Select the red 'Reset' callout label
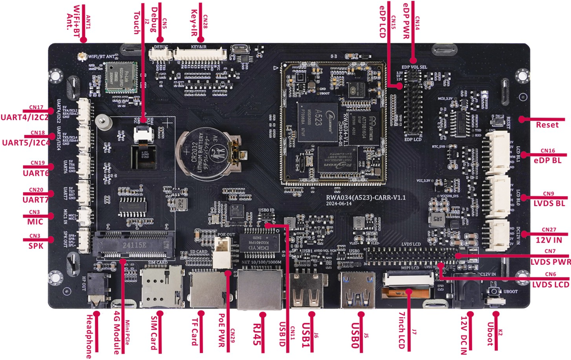point(547,125)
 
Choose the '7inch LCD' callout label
point(402,331)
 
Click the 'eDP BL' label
point(548,160)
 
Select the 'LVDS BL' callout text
point(548,203)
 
